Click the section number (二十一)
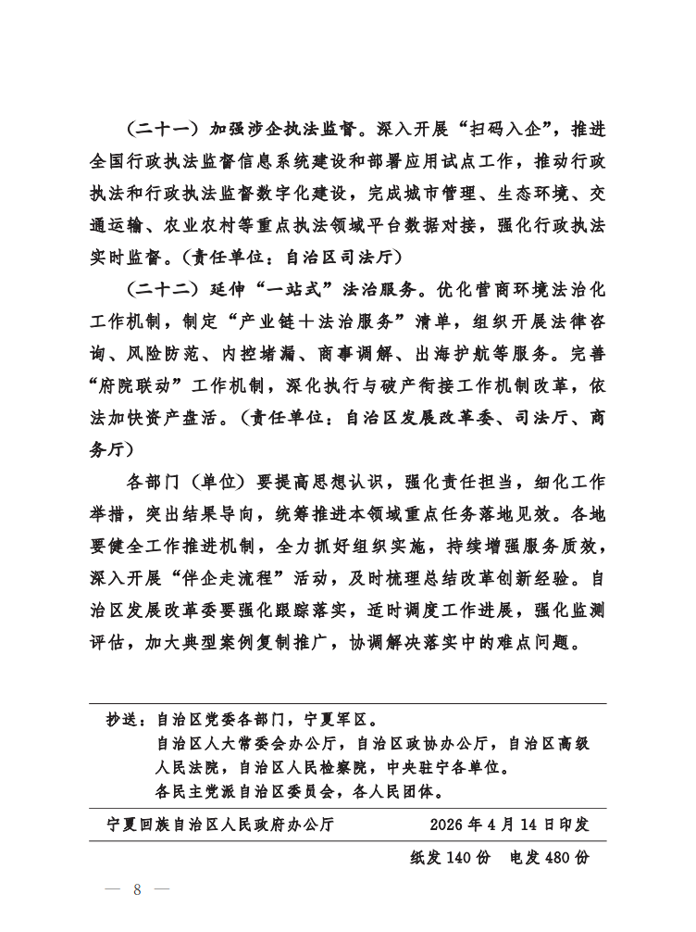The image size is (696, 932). [160, 127]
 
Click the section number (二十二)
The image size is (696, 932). [160, 288]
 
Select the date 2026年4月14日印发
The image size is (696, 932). [509, 825]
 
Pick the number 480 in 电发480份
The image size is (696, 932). [553, 857]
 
